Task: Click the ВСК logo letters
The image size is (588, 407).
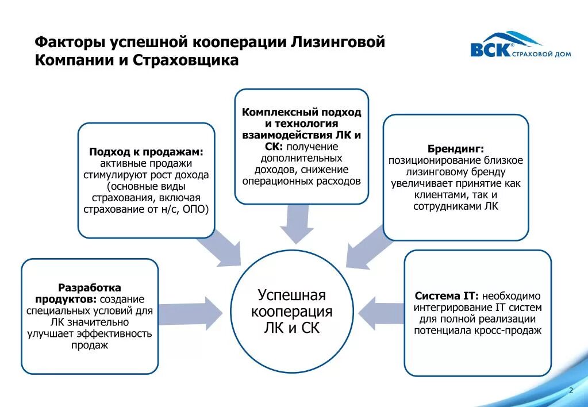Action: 490,50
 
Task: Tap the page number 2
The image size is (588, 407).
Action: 571,391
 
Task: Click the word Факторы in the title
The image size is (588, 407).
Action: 70,42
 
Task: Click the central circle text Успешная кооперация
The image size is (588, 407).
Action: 291,304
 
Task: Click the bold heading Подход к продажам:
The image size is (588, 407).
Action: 146,152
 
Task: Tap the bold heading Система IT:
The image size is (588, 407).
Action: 447,296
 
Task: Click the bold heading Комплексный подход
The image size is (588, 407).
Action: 301,112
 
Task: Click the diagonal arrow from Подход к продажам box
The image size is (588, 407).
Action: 221,247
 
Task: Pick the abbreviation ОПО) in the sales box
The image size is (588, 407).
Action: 195,209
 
